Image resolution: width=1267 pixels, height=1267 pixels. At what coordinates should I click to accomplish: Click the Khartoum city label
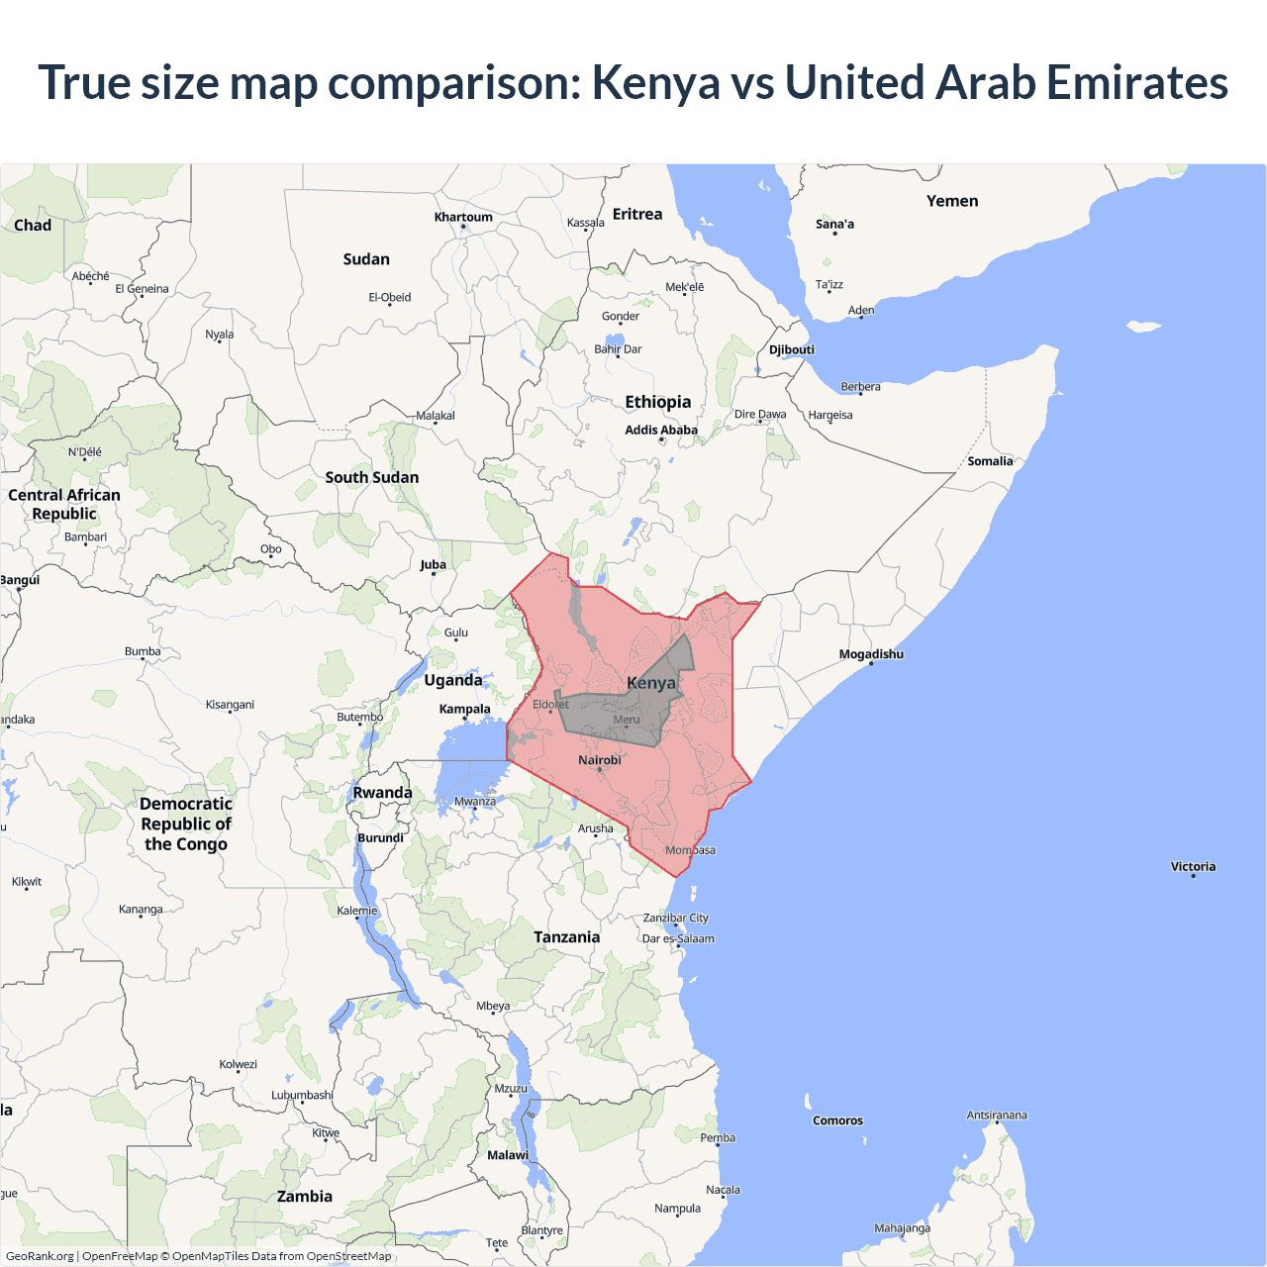(463, 217)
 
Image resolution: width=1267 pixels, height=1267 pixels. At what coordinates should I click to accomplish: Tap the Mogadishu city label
(871, 654)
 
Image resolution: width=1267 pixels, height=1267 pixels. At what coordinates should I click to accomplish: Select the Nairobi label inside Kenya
(600, 760)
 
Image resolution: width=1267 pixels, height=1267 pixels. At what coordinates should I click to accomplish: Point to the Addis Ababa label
(661, 430)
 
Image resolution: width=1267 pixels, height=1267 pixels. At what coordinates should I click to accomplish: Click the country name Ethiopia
(658, 402)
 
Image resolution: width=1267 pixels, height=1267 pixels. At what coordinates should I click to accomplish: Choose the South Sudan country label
(372, 477)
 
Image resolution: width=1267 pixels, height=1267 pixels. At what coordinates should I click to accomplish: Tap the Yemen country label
(952, 201)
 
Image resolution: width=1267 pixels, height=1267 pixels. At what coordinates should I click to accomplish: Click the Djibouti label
(792, 349)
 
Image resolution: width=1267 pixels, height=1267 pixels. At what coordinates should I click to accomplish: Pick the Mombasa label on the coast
(690, 850)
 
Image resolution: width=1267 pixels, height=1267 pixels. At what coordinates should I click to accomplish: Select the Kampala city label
(465, 709)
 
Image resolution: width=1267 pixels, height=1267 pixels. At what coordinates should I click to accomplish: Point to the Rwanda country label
(383, 793)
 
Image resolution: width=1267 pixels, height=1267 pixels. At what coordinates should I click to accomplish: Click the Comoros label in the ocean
(837, 1121)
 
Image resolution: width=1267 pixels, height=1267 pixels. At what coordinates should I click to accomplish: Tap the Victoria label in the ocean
(1193, 866)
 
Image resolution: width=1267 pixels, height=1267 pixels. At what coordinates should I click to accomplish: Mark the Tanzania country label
(567, 937)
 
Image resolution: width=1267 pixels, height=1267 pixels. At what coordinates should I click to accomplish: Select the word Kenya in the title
(655, 82)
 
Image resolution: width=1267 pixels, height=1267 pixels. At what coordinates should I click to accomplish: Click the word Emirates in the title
(1137, 82)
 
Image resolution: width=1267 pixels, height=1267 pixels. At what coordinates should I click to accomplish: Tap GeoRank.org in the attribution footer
(40, 1256)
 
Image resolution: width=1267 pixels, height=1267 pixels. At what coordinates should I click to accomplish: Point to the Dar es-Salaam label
(678, 938)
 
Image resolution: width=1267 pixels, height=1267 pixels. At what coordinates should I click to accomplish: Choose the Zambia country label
(305, 1197)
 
